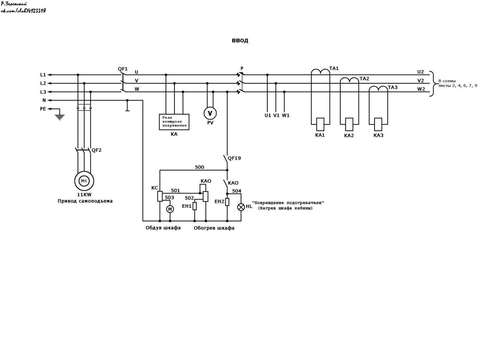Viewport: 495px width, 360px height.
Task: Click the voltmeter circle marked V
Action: point(210,113)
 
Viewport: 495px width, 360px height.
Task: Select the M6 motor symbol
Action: point(84,181)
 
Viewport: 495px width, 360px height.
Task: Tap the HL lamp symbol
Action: point(241,207)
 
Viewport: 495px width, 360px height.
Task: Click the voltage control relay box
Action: point(174,122)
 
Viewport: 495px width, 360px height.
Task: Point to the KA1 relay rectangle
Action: point(320,125)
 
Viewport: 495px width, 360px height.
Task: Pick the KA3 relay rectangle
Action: point(378,125)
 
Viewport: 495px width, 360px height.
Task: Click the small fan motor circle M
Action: point(170,209)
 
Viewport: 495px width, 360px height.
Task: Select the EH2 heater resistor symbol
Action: point(227,202)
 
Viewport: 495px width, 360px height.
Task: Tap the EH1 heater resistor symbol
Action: point(194,206)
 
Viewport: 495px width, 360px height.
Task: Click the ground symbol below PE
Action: point(60,117)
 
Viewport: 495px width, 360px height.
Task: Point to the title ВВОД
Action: point(240,41)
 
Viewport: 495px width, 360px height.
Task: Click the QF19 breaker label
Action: point(234,158)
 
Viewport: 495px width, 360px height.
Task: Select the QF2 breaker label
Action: point(97,150)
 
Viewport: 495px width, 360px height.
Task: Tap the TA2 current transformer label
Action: point(364,79)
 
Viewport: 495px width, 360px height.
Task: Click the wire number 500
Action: point(200,167)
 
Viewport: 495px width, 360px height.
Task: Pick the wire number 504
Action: point(236,191)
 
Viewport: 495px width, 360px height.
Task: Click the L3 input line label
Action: point(43,92)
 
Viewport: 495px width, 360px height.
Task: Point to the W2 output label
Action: point(421,89)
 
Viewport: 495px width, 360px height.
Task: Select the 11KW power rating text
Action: point(84,195)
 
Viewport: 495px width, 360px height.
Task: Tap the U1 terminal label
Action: point(268,115)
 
